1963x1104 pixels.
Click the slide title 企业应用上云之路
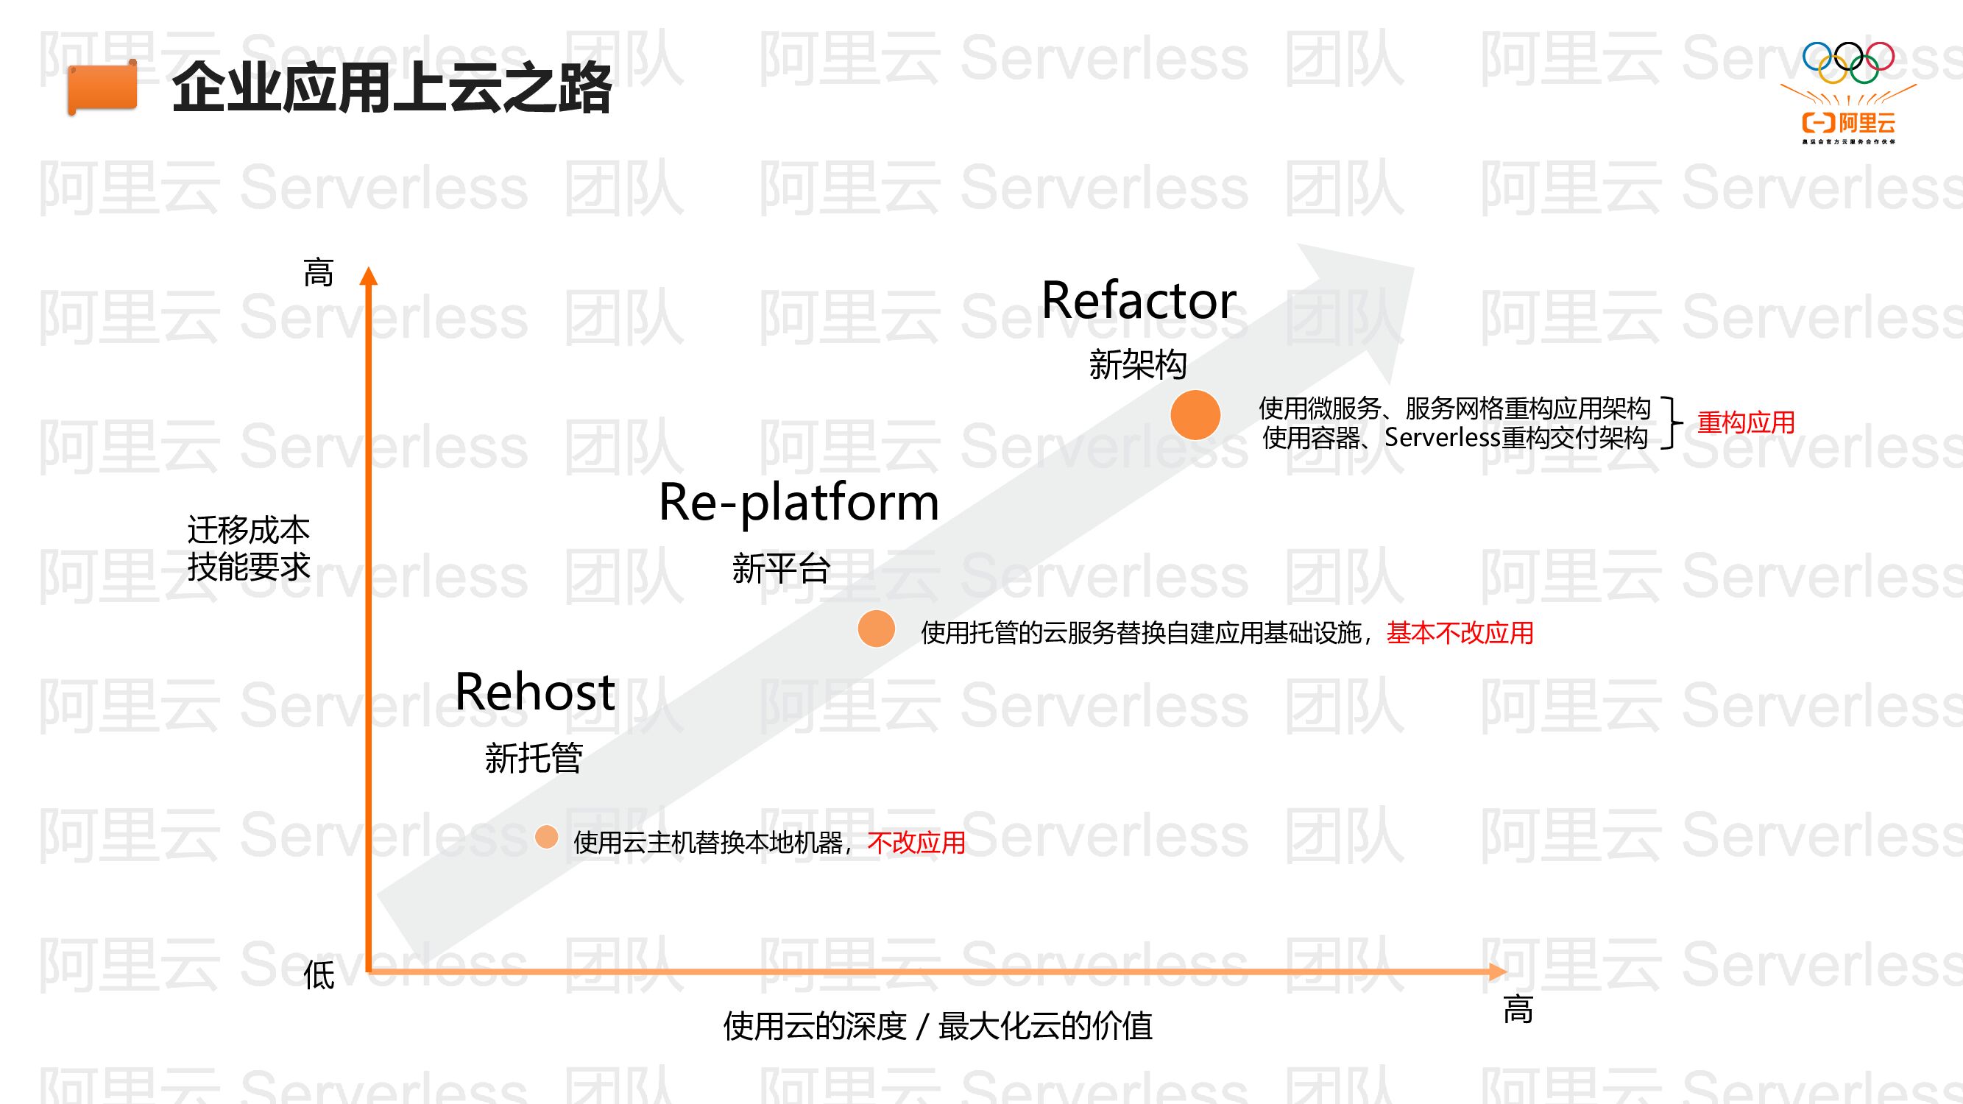click(x=391, y=88)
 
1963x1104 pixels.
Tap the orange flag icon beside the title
click(x=102, y=88)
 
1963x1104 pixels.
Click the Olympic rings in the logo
click(x=1848, y=62)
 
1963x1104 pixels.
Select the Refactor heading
click(x=1139, y=300)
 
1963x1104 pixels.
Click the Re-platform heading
click(x=799, y=502)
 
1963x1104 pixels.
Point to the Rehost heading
click(x=534, y=692)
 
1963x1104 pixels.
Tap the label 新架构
click(x=1138, y=364)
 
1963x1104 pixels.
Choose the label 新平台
click(x=781, y=568)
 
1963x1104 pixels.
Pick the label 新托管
click(x=534, y=758)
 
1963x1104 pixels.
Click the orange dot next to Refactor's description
click(x=1195, y=414)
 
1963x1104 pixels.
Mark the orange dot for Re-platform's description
click(x=877, y=629)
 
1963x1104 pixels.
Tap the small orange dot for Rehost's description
click(x=546, y=837)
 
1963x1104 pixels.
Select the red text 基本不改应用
click(x=1460, y=632)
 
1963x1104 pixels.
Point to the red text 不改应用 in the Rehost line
click(x=916, y=843)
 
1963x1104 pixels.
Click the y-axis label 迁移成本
click(x=249, y=529)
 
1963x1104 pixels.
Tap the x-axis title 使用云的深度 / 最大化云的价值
click(x=937, y=1025)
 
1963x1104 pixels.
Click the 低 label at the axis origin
click(x=319, y=975)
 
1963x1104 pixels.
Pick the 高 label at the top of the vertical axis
click(x=319, y=273)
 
